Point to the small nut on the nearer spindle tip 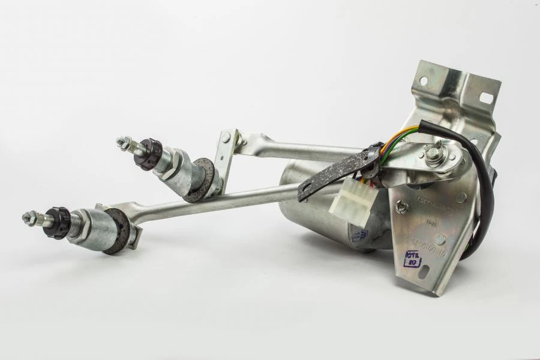[x=29, y=215]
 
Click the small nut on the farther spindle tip [x=124, y=143]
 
